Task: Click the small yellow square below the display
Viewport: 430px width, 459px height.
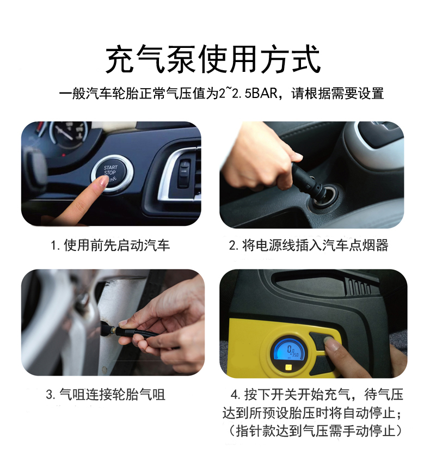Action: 289,367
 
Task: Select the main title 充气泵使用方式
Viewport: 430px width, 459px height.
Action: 213,59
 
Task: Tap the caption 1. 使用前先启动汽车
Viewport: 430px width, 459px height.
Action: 110,246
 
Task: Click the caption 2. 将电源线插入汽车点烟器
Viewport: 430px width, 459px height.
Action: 309,246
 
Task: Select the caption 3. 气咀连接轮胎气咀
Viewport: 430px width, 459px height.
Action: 106,394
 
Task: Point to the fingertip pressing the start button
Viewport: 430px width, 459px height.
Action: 103,181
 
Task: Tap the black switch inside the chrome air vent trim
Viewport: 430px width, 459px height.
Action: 184,173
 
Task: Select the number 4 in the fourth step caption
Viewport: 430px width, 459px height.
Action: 235,395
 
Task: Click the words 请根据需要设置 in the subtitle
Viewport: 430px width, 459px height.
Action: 337,94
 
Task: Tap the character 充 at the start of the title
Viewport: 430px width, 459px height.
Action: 120,59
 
